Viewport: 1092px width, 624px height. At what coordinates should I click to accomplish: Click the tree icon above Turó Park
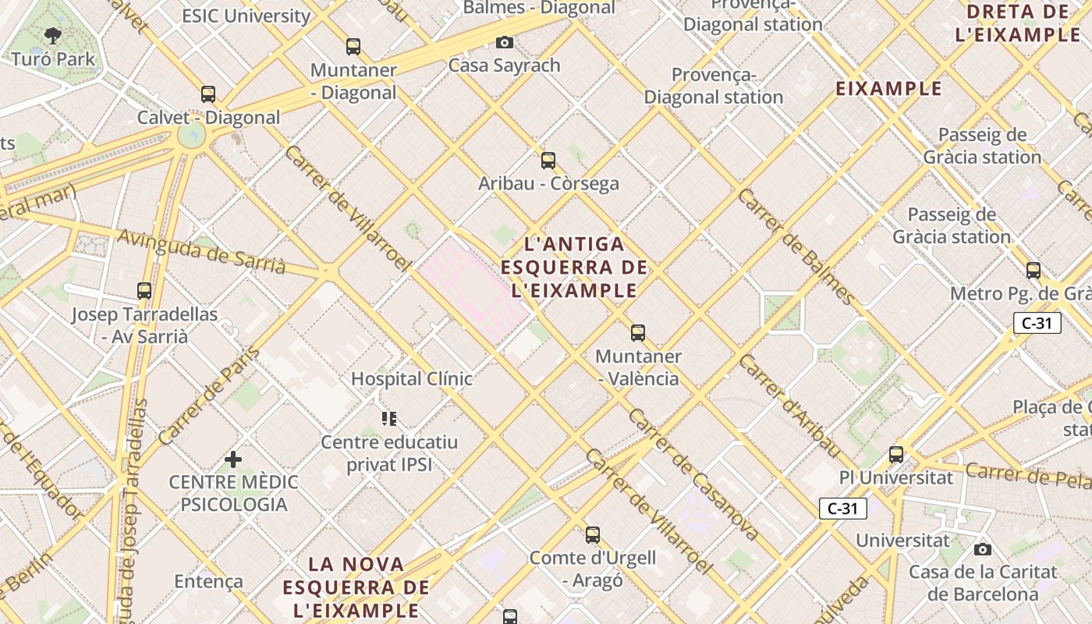[x=53, y=35]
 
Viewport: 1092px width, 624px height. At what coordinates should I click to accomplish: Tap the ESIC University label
[x=246, y=16]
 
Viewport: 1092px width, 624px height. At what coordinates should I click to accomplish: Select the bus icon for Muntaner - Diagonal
[x=353, y=47]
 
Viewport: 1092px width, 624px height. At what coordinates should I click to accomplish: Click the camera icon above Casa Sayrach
[x=505, y=42]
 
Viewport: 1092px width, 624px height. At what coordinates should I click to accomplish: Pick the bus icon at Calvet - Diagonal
[x=208, y=94]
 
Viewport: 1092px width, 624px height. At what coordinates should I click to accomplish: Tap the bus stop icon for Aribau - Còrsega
[x=548, y=161]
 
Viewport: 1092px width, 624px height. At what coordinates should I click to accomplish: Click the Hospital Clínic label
[x=411, y=379]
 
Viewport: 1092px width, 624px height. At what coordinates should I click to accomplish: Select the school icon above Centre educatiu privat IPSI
[x=389, y=419]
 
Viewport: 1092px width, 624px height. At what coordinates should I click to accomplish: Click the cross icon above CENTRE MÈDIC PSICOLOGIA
[x=233, y=459]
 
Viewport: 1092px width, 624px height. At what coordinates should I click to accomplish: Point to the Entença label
[x=208, y=581]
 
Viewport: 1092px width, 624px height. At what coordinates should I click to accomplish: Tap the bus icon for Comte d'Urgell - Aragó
[x=593, y=535]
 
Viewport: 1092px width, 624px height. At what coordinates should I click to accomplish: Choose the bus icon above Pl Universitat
[x=896, y=454]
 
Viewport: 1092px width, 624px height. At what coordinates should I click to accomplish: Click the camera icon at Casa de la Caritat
[x=983, y=549]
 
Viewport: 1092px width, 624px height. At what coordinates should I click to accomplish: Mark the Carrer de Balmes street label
[x=796, y=246]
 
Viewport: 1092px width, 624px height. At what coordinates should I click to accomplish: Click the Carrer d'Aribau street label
[x=790, y=406]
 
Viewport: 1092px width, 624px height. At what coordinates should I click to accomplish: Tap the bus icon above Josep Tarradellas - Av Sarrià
[x=144, y=291]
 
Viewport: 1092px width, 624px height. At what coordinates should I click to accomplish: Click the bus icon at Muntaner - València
[x=638, y=333]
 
